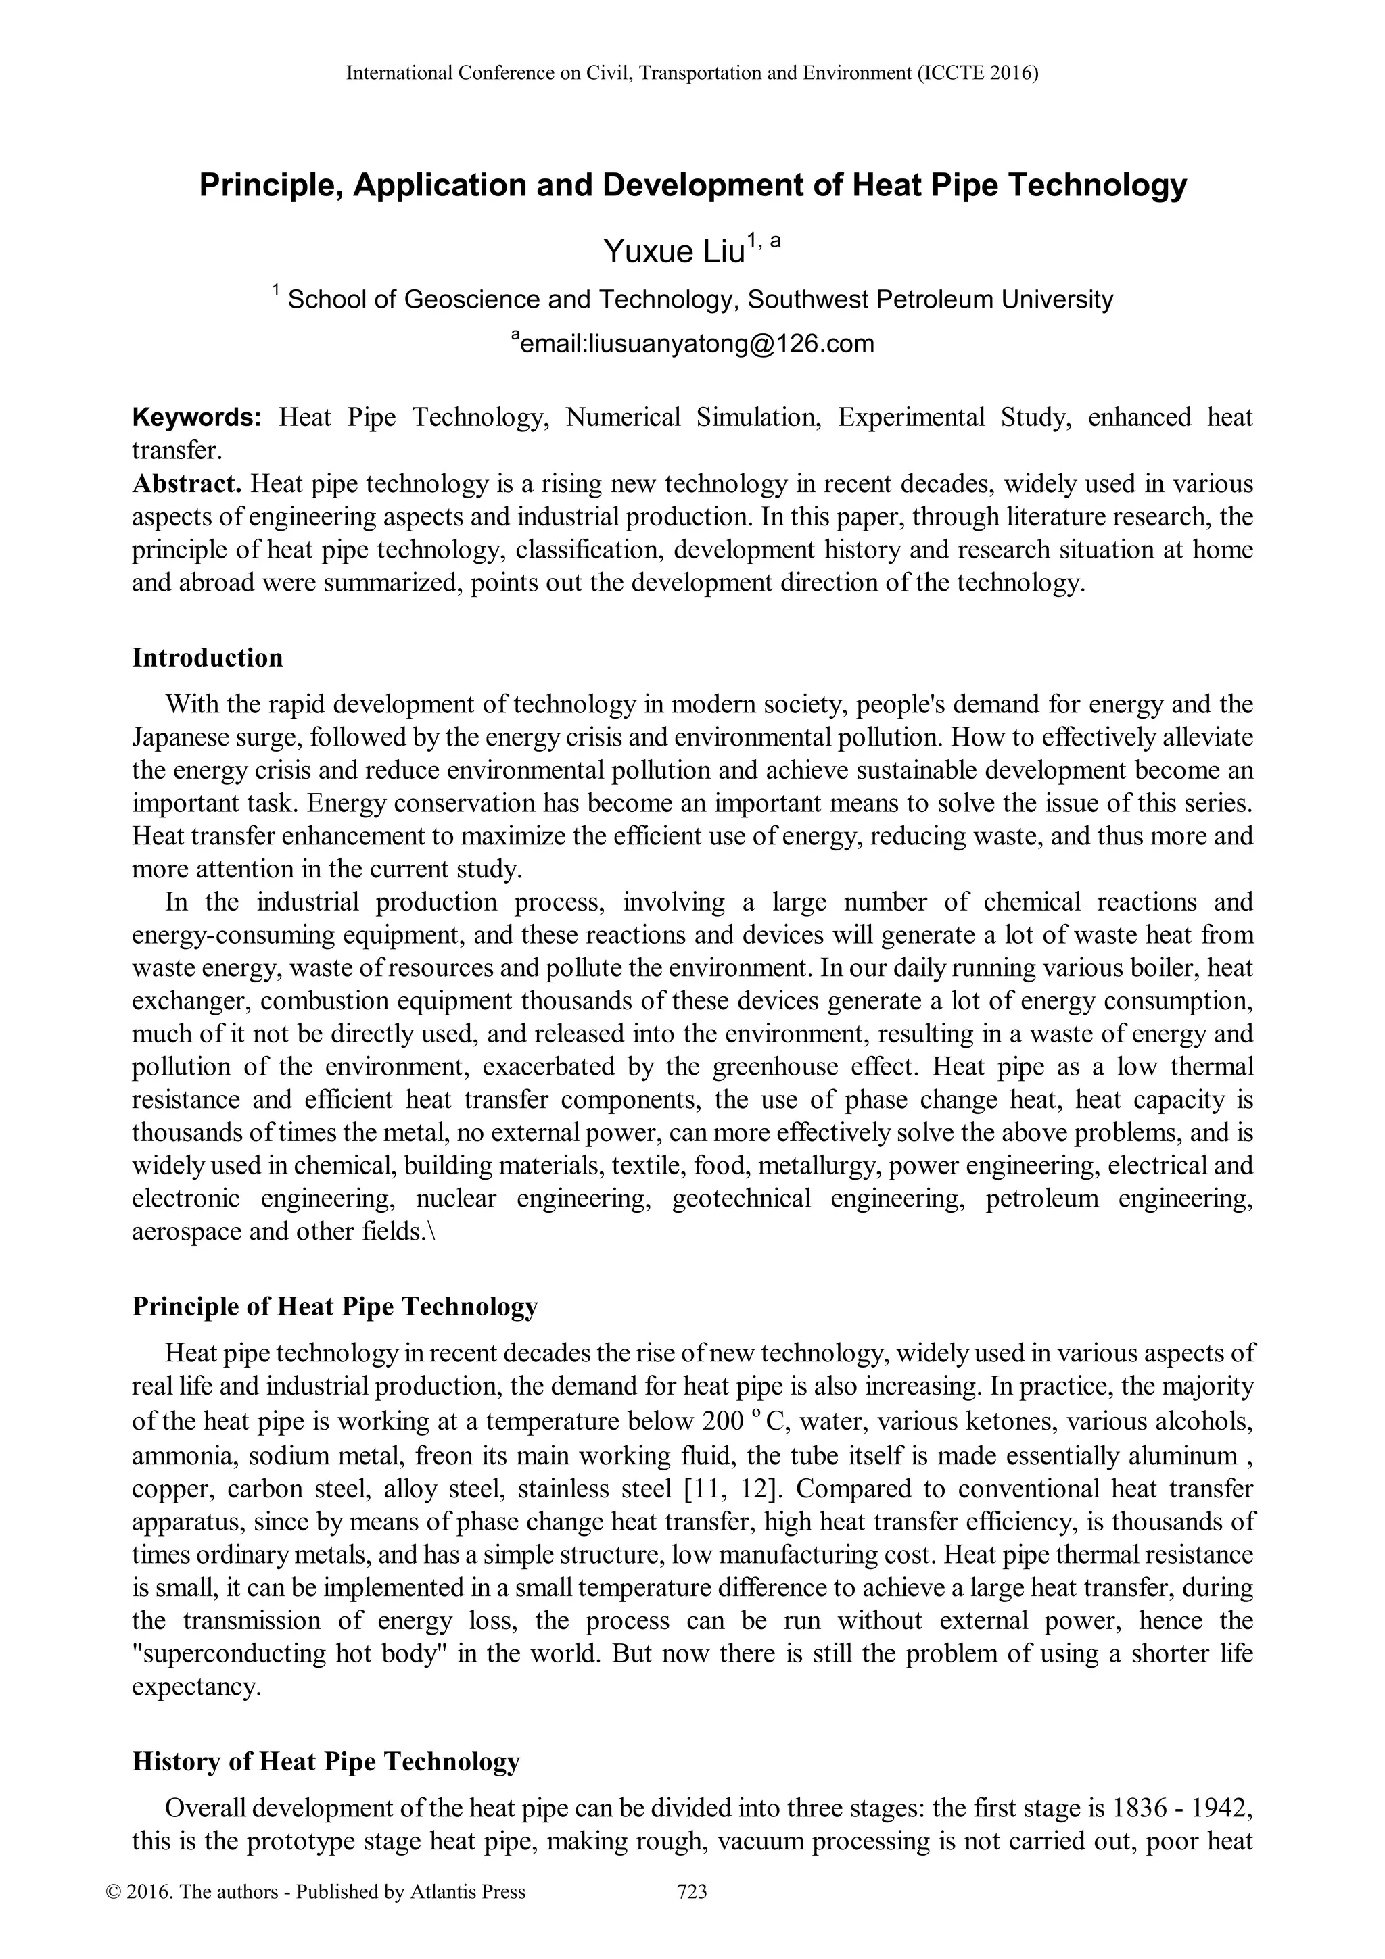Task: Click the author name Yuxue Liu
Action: tap(674, 251)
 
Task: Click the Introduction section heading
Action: tap(208, 658)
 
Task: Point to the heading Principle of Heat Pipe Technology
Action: tap(335, 1306)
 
